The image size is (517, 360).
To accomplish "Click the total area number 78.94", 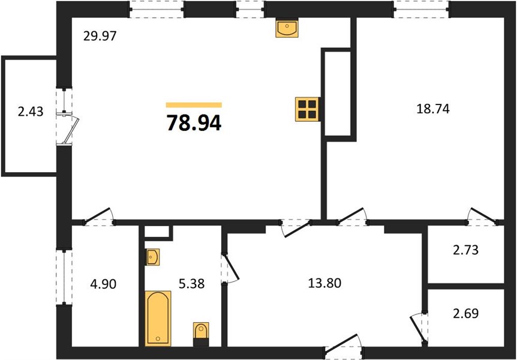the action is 194,123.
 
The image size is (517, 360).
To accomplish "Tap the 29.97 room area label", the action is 100,36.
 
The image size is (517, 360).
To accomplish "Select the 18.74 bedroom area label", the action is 433,109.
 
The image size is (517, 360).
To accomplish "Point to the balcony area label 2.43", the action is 31,112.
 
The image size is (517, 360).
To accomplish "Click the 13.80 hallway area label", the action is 324,283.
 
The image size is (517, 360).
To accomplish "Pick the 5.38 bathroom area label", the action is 191,283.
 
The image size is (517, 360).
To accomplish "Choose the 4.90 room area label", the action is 103,284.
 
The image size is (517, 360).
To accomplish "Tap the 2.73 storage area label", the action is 465,250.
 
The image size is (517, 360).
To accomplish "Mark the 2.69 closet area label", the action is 465,313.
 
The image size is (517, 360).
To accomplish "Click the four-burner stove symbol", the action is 307,109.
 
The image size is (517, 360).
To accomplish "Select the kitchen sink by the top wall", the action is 287,27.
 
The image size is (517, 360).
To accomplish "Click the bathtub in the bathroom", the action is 158,319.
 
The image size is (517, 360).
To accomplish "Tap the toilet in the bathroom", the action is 201,334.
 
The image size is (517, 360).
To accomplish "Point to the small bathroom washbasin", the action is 152,257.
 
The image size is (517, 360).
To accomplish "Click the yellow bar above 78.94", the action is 194,105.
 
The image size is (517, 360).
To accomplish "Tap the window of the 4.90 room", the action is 64,277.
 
